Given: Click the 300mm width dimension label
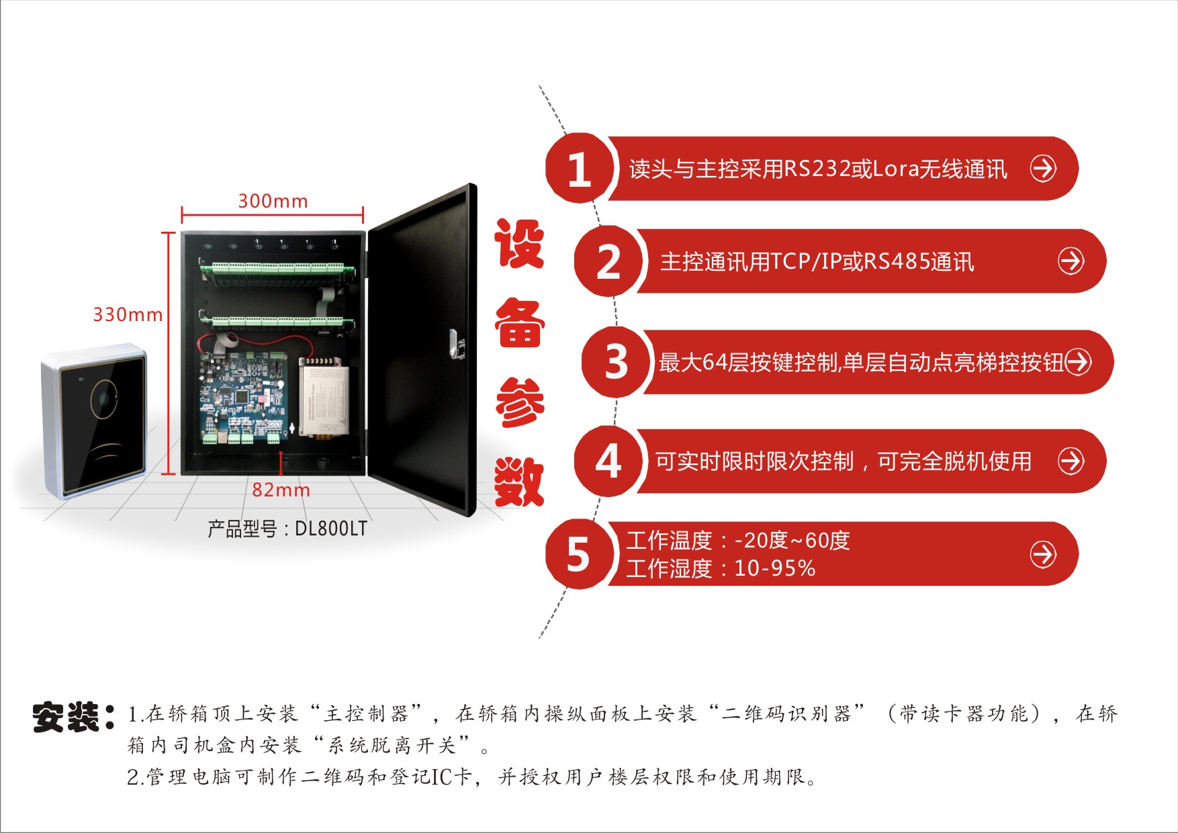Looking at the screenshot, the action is [273, 201].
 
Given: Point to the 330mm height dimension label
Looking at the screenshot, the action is [128, 314].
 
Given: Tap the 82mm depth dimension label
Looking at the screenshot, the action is [281, 490].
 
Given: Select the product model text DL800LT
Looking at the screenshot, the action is [331, 529].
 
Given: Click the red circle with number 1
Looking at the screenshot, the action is [579, 168].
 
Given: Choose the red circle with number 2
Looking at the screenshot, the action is [608, 261].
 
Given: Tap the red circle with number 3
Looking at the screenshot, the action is [615, 361].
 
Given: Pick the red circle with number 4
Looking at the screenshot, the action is [608, 462].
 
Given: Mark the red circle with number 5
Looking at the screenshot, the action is [579, 554].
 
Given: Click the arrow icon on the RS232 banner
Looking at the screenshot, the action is [1043, 168].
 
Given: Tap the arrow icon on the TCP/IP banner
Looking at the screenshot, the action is [1071, 261].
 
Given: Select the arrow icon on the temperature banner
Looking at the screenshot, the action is [1043, 554].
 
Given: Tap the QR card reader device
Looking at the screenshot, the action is [95, 421].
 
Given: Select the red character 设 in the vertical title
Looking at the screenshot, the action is [519, 245].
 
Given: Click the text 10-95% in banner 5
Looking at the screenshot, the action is [774, 569].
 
